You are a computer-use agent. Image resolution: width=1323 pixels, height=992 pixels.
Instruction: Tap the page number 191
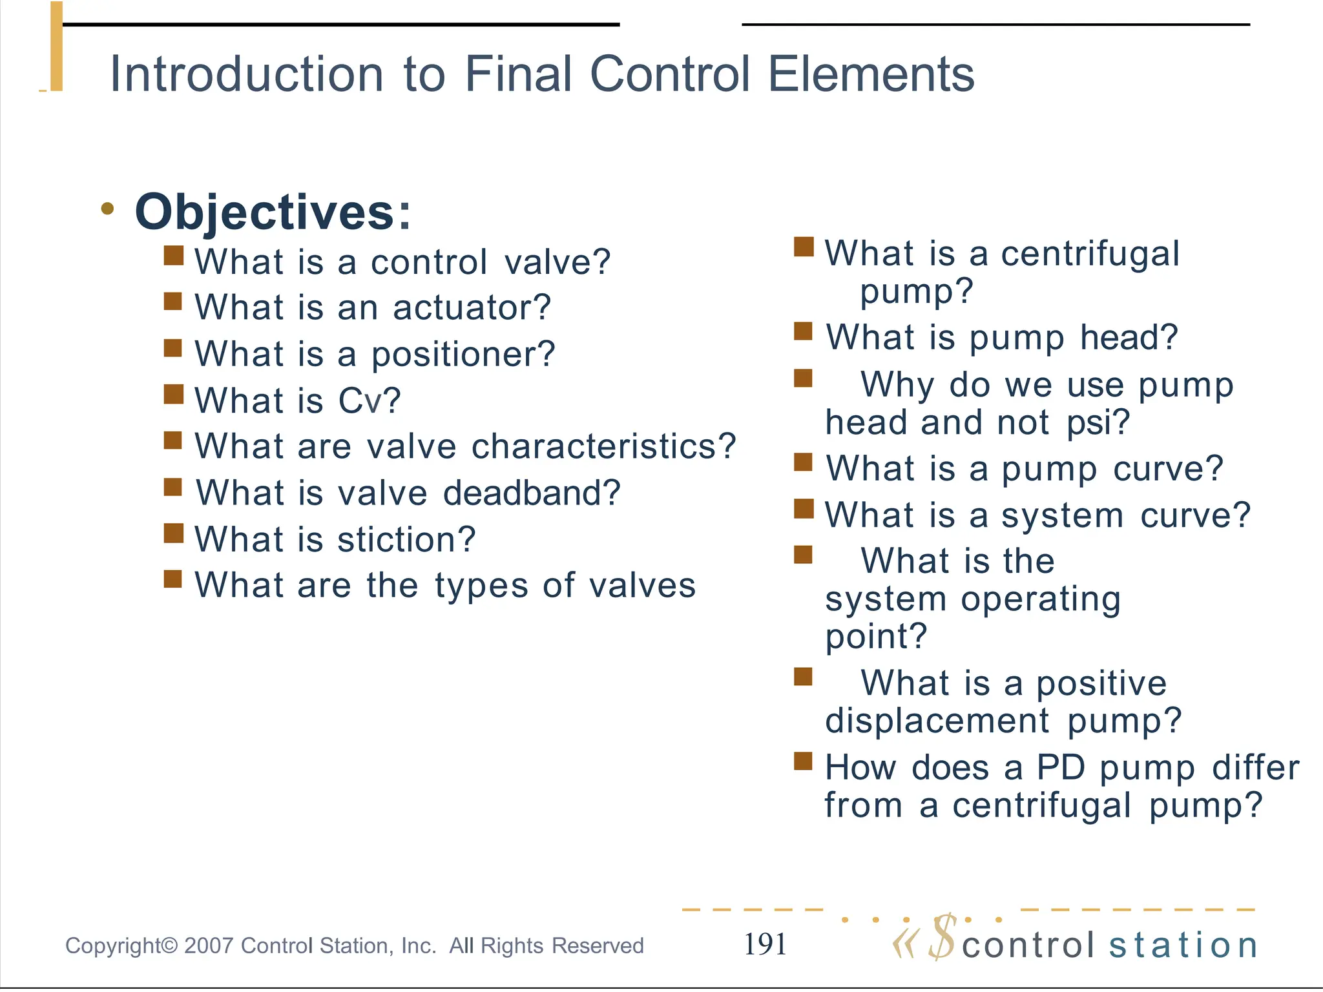point(765,944)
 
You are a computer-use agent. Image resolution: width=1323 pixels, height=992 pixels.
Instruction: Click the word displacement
point(937,721)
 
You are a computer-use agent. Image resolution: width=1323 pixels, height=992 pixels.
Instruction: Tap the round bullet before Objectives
point(108,209)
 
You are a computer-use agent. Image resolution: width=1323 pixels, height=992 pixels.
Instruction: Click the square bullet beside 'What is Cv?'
point(173,394)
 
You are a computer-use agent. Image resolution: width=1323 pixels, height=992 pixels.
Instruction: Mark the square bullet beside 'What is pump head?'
point(803,331)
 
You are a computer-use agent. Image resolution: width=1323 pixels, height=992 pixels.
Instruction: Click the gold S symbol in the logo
point(943,938)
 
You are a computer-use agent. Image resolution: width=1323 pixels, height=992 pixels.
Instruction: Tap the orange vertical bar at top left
point(57,46)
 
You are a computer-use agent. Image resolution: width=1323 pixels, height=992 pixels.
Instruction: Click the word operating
point(1041,599)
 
